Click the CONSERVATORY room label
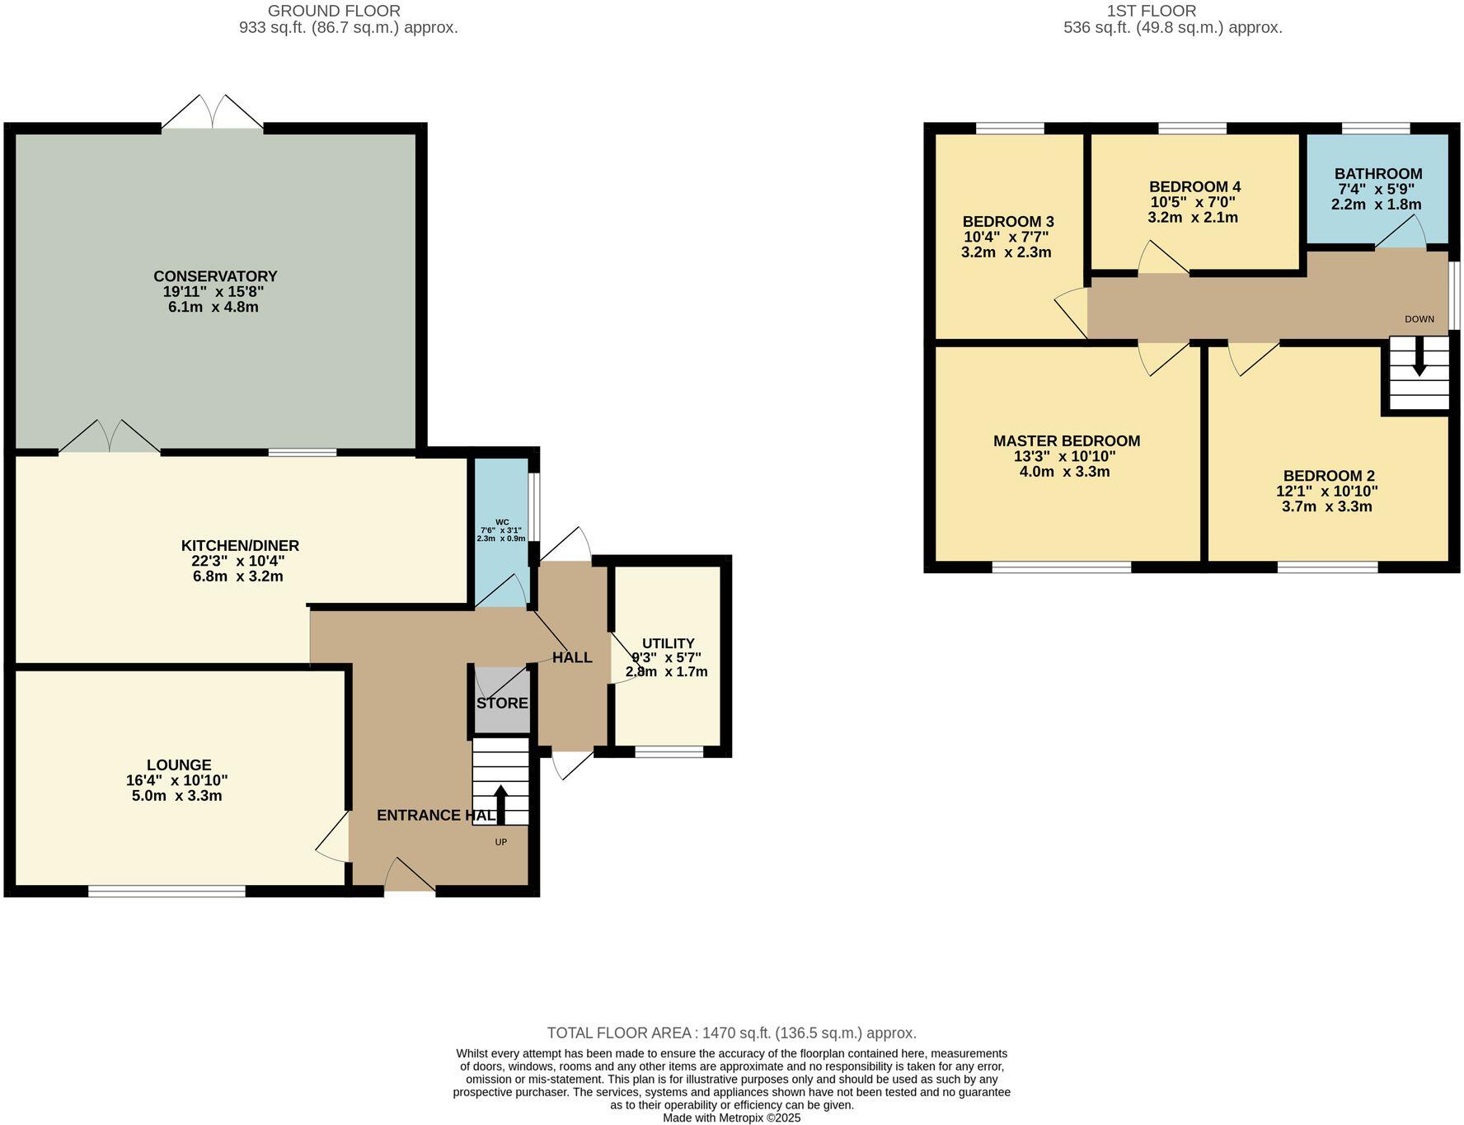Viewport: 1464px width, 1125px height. (215, 276)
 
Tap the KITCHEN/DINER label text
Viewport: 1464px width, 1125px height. (240, 545)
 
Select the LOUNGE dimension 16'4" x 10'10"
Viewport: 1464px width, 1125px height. (177, 780)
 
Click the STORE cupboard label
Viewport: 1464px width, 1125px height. (502, 704)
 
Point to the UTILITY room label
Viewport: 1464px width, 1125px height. (669, 643)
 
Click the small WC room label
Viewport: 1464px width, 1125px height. (502, 522)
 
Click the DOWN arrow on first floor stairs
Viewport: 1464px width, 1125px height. (1419, 363)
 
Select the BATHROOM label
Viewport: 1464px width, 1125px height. (1378, 174)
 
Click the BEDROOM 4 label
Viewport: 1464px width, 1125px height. (1194, 186)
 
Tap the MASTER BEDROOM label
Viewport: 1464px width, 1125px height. (1067, 441)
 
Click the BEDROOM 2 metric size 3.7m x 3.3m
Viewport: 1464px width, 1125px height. (1326, 506)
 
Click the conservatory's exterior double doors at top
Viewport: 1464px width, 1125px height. (213, 114)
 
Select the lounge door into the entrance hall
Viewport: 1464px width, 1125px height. (333, 837)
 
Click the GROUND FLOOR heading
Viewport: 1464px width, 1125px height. (334, 11)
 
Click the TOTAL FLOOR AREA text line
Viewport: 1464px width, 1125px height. (731, 1033)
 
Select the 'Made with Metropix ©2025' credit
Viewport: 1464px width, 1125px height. (731, 1118)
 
